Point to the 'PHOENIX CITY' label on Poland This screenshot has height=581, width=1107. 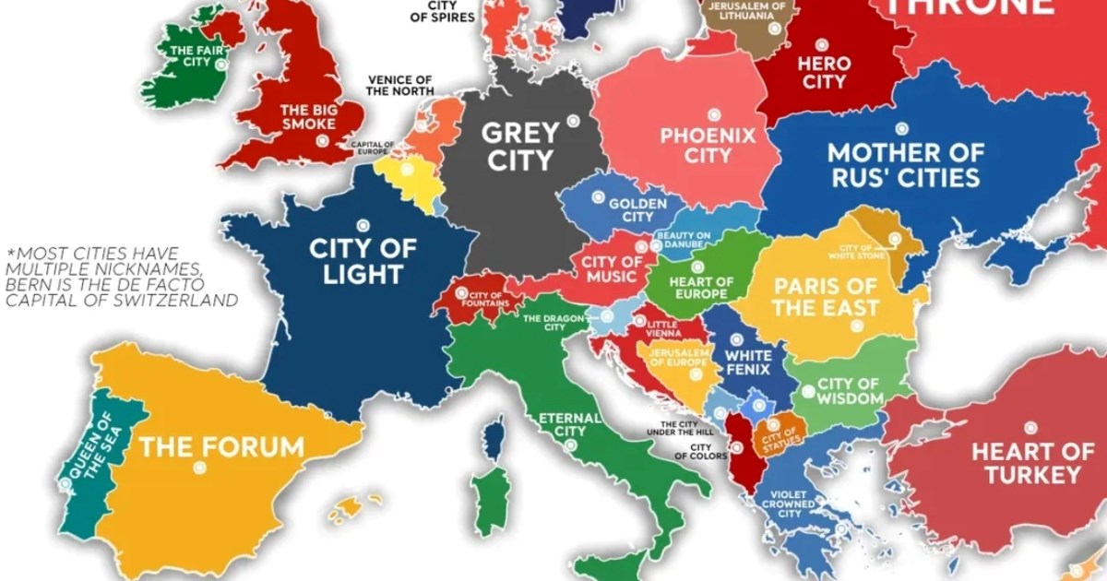click(708, 146)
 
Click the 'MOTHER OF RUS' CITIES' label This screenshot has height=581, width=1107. click(904, 164)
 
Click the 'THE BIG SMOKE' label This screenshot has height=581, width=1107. click(308, 116)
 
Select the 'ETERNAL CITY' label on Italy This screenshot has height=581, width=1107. click(569, 424)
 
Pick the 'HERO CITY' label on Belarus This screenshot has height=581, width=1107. click(822, 73)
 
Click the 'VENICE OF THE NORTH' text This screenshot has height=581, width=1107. click(399, 85)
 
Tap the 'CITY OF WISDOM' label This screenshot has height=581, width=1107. click(849, 391)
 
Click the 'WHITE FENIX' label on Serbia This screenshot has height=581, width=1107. click(748, 362)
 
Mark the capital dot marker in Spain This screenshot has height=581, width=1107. click(198, 468)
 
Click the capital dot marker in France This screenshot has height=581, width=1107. click(363, 222)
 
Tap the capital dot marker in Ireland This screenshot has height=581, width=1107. click(220, 65)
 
